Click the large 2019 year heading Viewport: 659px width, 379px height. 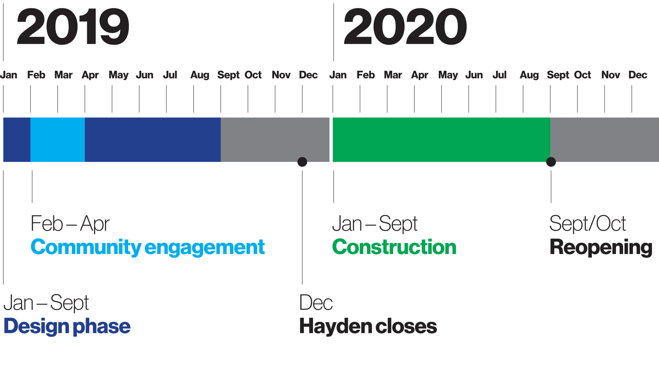click(73, 26)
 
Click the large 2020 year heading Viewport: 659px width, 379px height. click(405, 26)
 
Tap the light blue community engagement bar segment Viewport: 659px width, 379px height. click(58, 140)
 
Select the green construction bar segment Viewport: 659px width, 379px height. click(441, 140)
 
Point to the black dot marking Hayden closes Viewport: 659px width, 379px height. click(302, 162)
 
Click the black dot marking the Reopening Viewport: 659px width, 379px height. click(551, 162)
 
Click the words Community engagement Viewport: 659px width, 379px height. click(148, 247)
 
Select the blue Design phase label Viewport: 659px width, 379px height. click(67, 327)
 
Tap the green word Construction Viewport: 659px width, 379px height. click(394, 247)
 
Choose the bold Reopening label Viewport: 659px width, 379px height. click(601, 248)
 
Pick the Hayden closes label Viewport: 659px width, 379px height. click(368, 326)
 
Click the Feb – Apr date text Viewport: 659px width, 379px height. click(70, 224)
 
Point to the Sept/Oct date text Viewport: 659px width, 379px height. click(588, 224)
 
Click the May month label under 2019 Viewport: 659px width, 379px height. click(118, 75)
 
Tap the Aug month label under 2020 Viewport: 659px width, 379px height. click(529, 75)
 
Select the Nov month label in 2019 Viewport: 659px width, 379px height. click(281, 75)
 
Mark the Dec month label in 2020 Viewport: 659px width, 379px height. click(638, 75)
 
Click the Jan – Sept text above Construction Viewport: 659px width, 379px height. click(375, 224)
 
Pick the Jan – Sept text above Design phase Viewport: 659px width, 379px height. click(46, 303)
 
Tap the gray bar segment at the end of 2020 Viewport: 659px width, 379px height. click(605, 140)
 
